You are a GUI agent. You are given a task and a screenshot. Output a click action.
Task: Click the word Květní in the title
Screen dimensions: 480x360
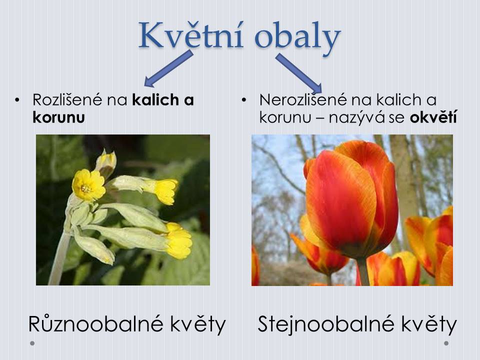pos(191,35)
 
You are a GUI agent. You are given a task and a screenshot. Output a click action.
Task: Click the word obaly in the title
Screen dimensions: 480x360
pos(297,38)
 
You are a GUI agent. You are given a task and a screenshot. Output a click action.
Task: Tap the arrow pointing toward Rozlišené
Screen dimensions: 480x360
pos(168,68)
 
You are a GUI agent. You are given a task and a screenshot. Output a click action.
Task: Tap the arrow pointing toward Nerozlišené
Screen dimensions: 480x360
pos(299,73)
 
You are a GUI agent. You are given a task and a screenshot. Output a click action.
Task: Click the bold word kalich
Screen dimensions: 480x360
pos(155,100)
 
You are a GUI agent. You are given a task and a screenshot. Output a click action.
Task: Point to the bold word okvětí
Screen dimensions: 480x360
pos(433,117)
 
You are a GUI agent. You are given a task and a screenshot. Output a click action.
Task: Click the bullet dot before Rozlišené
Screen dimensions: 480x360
pos(17,100)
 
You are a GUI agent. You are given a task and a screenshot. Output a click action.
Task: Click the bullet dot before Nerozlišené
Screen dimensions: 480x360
pos(243,100)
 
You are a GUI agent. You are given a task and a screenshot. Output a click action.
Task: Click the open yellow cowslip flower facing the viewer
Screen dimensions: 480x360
pos(88,185)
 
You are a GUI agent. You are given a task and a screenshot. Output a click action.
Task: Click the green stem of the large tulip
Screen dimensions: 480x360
pos(363,272)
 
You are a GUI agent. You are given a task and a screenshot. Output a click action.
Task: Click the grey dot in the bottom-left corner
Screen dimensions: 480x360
pos(32,343)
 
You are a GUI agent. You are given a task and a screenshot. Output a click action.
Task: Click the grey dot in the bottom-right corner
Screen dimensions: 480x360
pos(446,343)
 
